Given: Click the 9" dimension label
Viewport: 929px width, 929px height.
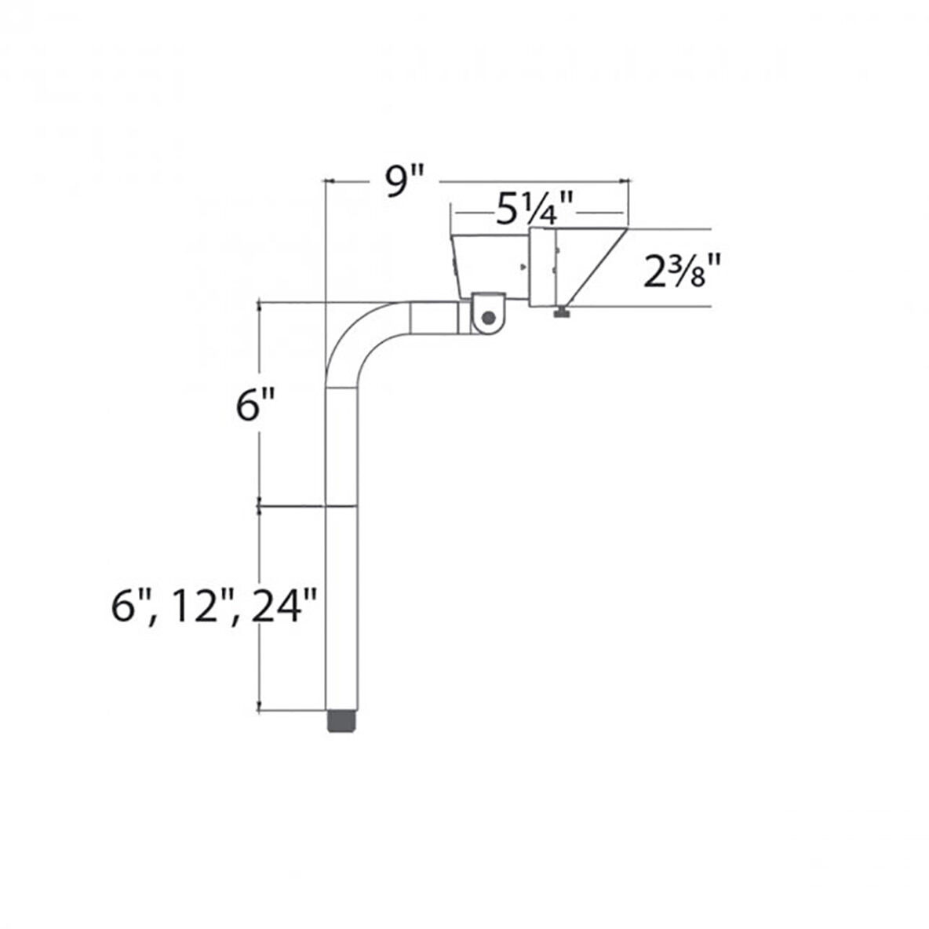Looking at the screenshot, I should click(x=404, y=183).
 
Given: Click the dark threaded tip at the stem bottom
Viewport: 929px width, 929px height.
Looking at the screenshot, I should click(x=341, y=721).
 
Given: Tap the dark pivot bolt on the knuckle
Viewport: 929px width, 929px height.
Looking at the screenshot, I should click(x=489, y=318).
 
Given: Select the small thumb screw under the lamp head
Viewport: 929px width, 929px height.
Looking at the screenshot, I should click(x=563, y=314).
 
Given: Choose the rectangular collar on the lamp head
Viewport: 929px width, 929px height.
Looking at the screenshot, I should click(x=543, y=268).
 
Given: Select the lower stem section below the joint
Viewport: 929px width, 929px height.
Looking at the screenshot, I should click(x=341, y=608).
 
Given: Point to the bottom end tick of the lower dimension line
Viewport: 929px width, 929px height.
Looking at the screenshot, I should click(x=260, y=711).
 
